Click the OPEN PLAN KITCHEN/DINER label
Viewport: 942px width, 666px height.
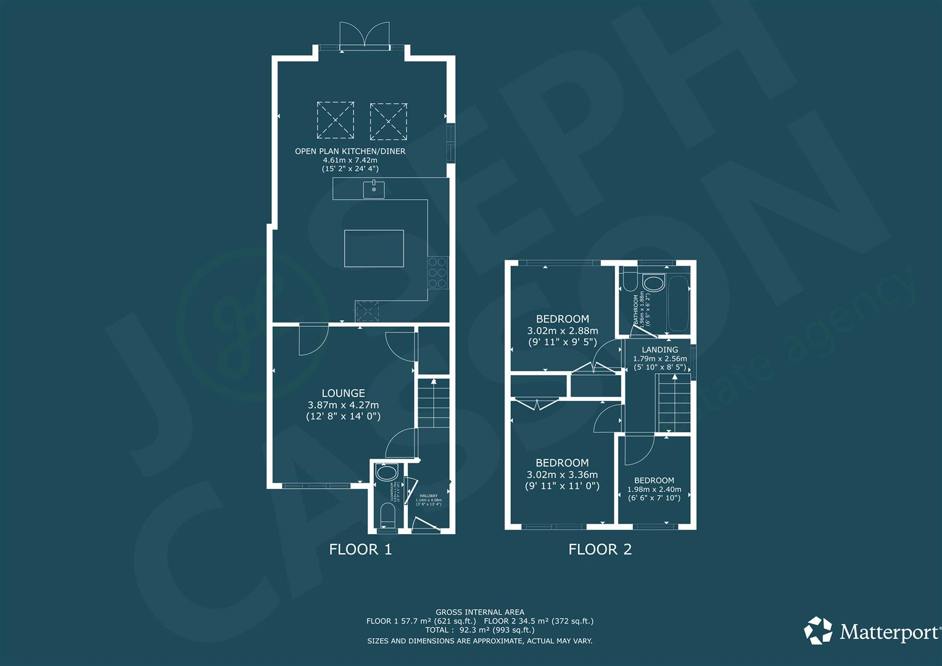pyautogui.click(x=350, y=151)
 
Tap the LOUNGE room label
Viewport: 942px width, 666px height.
pyautogui.click(x=343, y=393)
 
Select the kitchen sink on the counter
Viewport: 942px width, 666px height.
pyautogui.click(x=374, y=189)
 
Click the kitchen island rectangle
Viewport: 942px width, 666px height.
pyautogui.click(x=374, y=249)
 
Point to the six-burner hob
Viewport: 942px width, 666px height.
pyautogui.click(x=437, y=273)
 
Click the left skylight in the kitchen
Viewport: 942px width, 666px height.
pyautogui.click(x=336, y=120)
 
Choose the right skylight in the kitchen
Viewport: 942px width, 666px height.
pyautogui.click(x=389, y=120)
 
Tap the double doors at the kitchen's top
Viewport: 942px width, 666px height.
pyautogui.click(x=366, y=35)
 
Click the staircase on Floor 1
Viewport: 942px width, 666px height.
pyautogui.click(x=434, y=404)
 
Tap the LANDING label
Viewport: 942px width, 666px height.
pyautogui.click(x=659, y=350)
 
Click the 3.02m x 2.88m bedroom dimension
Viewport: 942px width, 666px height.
pyautogui.click(x=562, y=331)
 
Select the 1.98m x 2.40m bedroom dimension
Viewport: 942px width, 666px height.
pyautogui.click(x=654, y=490)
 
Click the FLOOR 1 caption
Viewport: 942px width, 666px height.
pyautogui.click(x=360, y=549)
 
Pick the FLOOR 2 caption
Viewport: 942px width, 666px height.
pyautogui.click(x=600, y=549)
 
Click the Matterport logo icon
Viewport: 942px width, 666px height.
pyautogui.click(x=819, y=631)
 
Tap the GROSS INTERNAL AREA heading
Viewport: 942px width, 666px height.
pyautogui.click(x=479, y=612)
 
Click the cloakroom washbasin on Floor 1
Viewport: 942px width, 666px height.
pyautogui.click(x=387, y=474)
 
